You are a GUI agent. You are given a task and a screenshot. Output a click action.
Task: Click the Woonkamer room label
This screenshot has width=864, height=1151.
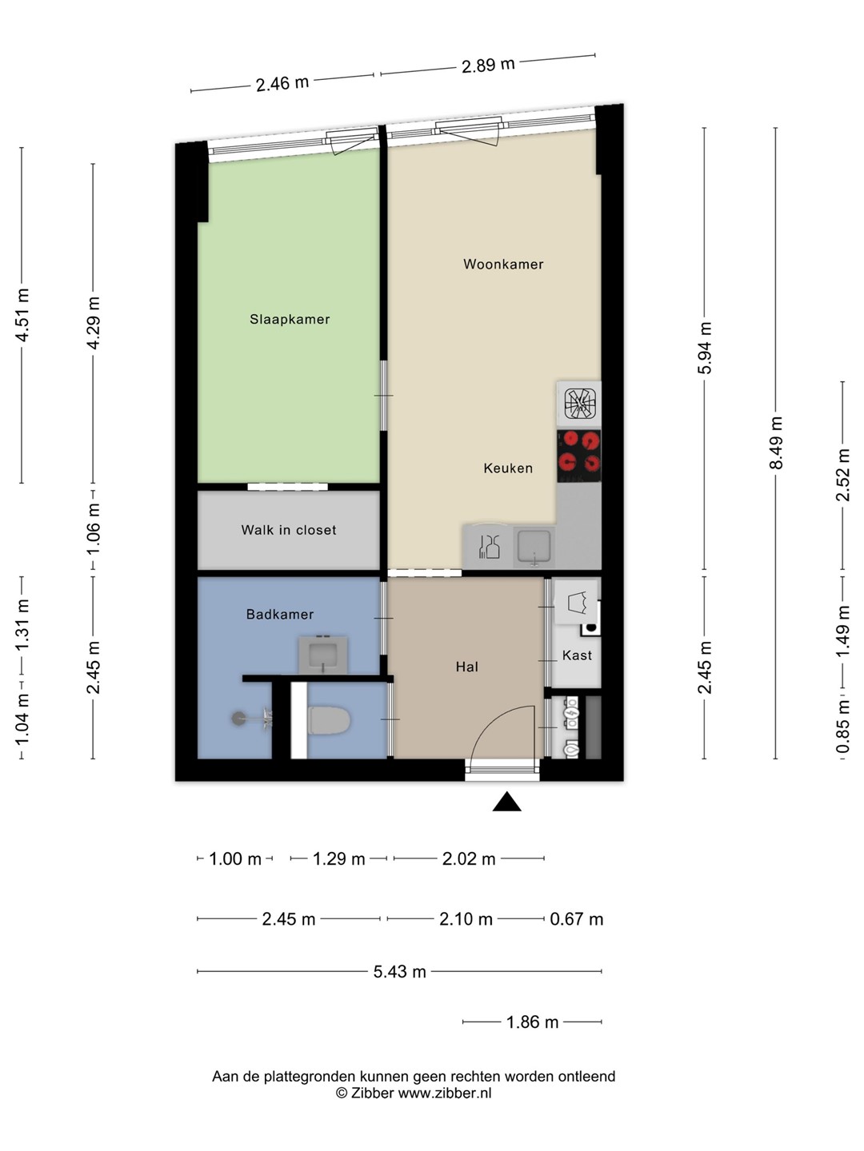(x=503, y=265)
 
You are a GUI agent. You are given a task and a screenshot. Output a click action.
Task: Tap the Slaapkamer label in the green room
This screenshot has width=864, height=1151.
(x=290, y=320)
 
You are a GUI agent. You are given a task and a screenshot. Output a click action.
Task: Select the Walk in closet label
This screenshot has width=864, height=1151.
(x=289, y=530)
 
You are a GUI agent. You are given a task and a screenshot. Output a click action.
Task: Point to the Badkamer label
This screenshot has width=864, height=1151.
(x=280, y=614)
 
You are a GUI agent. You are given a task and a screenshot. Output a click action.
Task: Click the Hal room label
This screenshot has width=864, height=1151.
(x=467, y=667)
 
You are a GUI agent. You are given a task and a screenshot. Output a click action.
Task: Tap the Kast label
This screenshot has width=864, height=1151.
(x=577, y=655)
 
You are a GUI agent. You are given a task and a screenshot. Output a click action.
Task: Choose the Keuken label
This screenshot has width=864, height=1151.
(x=508, y=468)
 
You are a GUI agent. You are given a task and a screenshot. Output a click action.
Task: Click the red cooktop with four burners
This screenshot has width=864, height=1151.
(x=578, y=456)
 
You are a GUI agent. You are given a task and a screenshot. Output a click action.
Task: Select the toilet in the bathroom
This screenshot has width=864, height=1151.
(x=328, y=720)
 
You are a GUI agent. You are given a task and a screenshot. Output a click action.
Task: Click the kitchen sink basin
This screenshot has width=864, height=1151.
(x=534, y=546)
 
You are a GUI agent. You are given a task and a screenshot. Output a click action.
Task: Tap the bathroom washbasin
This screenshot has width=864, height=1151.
(x=322, y=655)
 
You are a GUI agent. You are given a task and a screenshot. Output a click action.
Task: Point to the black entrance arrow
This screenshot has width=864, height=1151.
(x=506, y=802)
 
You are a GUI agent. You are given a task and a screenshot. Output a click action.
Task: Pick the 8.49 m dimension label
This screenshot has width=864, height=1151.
(x=776, y=443)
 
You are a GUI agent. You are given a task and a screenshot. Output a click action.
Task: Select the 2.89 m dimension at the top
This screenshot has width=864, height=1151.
(x=488, y=66)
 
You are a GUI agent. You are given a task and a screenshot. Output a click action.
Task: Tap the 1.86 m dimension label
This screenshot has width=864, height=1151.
(x=532, y=1022)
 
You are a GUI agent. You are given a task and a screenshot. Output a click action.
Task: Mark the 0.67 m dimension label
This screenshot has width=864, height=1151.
(x=577, y=919)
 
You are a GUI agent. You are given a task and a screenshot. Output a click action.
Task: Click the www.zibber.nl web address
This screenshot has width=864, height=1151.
(x=445, y=1093)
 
